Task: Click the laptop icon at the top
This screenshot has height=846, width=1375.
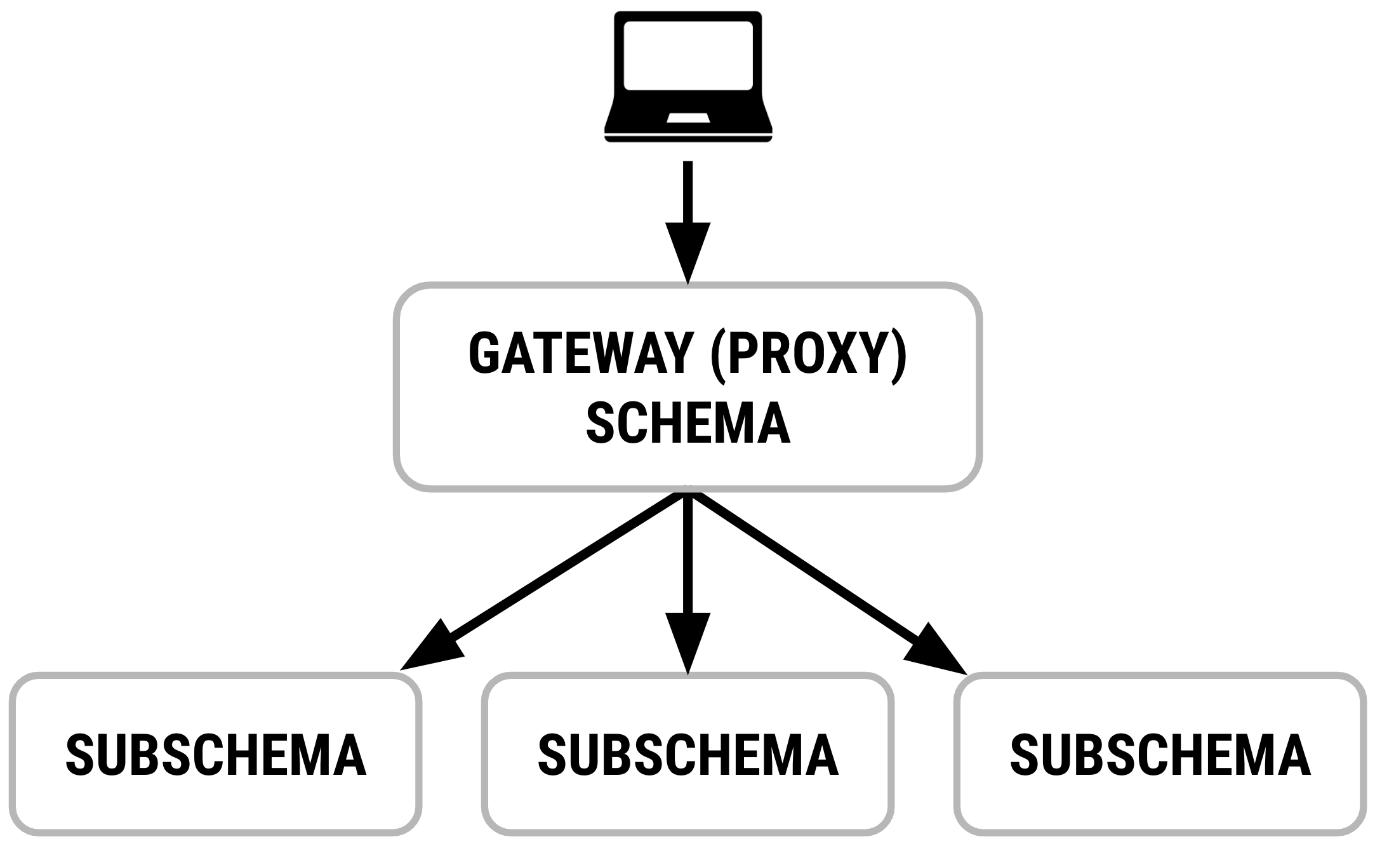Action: [x=688, y=76]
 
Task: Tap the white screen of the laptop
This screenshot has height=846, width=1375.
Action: [x=688, y=55]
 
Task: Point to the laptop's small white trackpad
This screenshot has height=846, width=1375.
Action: [x=688, y=118]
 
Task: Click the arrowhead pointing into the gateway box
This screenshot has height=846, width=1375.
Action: [x=687, y=251]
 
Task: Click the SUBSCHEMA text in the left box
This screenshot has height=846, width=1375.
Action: [x=216, y=755]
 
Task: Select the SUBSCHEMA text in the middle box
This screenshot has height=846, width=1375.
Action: [x=688, y=755]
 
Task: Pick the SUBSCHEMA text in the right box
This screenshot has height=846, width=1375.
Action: [x=1160, y=755]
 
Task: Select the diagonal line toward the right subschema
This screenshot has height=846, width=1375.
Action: [x=806, y=568]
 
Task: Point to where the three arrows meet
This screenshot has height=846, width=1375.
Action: [x=687, y=495]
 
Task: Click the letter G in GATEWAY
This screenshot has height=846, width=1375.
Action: [x=484, y=354]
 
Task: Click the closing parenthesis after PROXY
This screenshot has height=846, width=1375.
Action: [x=897, y=354]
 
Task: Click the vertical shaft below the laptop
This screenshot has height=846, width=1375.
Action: [x=687, y=191]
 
